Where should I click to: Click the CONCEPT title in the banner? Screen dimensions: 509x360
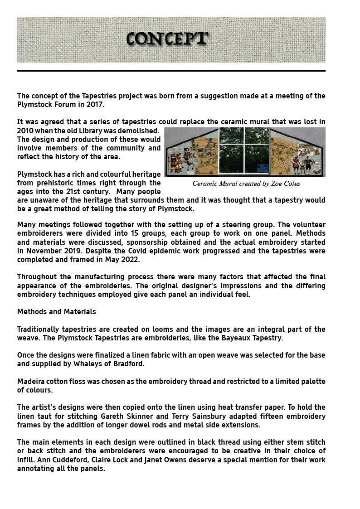point(167,39)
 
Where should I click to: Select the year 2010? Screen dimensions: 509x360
point(25,131)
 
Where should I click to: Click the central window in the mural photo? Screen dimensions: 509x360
point(244,150)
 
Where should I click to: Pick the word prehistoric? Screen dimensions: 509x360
point(61,183)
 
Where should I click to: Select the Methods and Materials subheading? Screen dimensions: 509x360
point(56,312)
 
